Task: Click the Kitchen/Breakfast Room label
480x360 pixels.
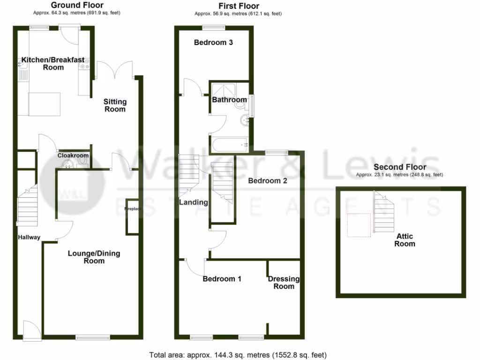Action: click(53, 63)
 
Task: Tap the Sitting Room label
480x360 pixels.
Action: click(115, 105)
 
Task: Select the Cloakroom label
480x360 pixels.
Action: click(73, 155)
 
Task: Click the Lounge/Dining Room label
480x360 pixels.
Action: click(94, 257)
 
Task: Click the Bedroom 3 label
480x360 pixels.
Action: click(214, 43)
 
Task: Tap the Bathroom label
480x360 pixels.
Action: click(229, 100)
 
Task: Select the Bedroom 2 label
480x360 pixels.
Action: click(267, 180)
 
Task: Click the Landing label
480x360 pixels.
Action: click(193, 202)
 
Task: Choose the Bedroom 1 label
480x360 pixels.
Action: click(222, 279)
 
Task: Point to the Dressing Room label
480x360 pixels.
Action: click(284, 282)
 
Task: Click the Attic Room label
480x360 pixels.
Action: click(405, 240)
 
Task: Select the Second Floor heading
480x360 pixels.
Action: click(400, 167)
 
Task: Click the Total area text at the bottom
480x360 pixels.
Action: click(238, 355)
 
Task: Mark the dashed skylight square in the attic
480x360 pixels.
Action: click(359, 225)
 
